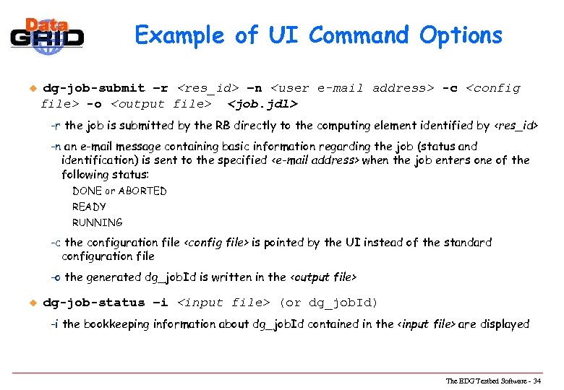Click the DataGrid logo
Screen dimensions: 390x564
coord(47,33)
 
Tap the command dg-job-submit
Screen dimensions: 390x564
coord(94,88)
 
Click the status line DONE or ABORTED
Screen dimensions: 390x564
coord(119,191)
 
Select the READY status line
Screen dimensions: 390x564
coord(89,207)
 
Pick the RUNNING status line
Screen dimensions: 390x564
coord(97,223)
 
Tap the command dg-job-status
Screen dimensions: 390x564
coord(94,303)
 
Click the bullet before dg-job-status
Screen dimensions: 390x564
coord(31,303)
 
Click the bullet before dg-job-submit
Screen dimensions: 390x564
coord(31,88)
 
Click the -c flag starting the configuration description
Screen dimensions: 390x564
coord(56,243)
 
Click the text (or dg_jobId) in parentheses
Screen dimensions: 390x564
coord(328,303)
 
